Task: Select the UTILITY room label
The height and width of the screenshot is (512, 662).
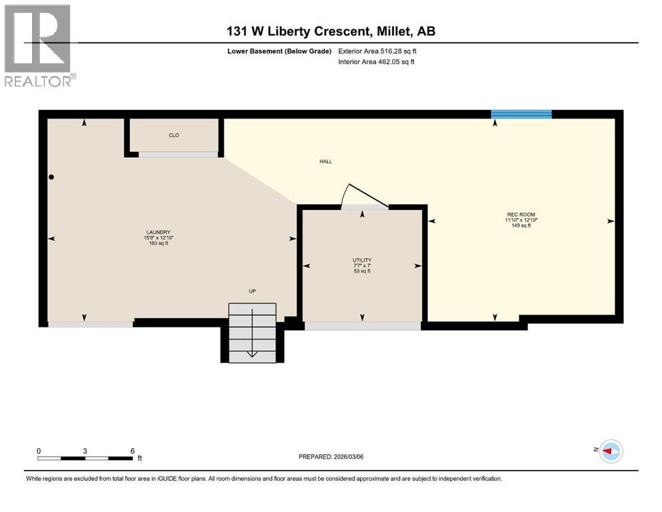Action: click(x=362, y=260)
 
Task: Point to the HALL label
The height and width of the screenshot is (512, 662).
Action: click(x=325, y=161)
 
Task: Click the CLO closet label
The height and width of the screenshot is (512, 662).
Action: click(x=173, y=135)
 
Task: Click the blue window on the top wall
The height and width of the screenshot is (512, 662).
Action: click(x=521, y=114)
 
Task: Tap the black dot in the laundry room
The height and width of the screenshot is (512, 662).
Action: click(x=51, y=177)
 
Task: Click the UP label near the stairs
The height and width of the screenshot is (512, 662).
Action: click(x=252, y=291)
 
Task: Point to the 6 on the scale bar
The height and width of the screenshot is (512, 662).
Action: click(x=133, y=451)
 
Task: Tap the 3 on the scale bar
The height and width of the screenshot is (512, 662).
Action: click(x=85, y=451)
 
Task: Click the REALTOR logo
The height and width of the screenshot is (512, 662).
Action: click(x=38, y=47)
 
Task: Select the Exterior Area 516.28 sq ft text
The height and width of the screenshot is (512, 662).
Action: click(x=378, y=51)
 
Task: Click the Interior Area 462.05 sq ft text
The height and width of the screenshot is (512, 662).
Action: click(x=377, y=62)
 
